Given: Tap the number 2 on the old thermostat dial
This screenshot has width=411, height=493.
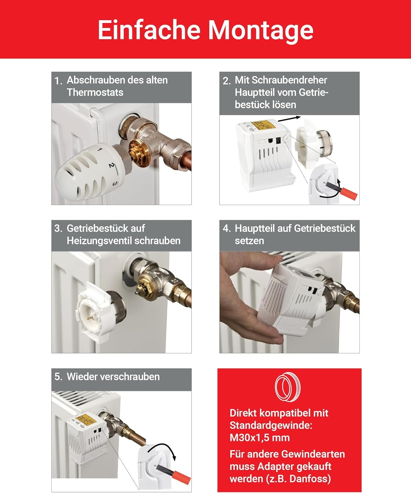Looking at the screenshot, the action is (111, 165).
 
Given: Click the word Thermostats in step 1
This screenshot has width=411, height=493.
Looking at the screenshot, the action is (95, 92).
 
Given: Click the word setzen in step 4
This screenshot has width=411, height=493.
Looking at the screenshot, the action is (249, 241).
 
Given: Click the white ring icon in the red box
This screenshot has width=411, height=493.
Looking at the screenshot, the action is (288, 387).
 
